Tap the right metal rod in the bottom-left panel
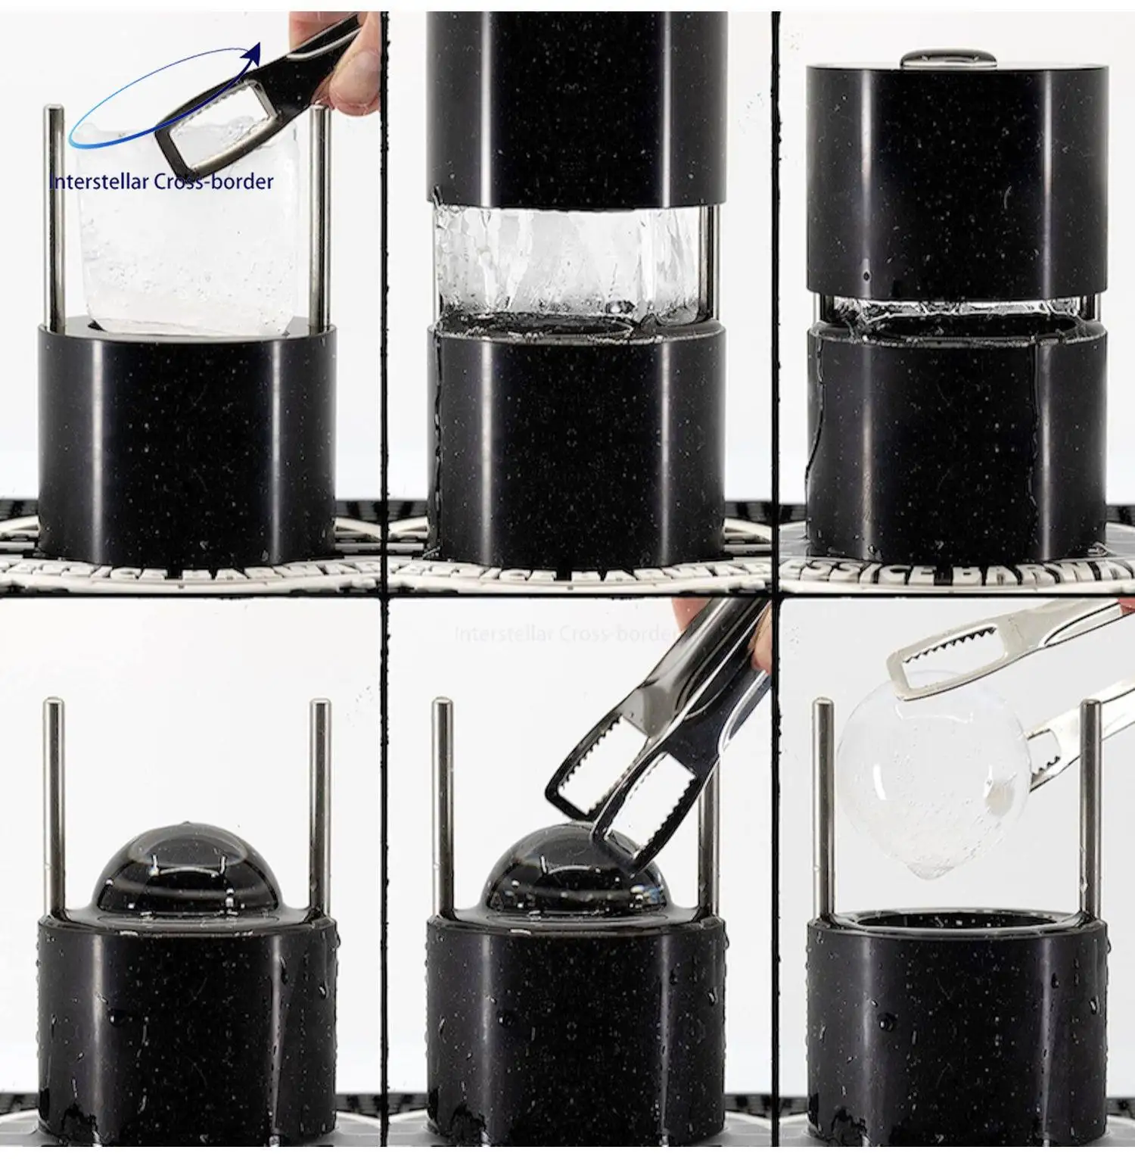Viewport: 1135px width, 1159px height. (x=320, y=802)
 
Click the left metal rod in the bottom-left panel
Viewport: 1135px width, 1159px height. (x=54, y=802)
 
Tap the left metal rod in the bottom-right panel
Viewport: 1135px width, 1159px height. (x=822, y=802)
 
